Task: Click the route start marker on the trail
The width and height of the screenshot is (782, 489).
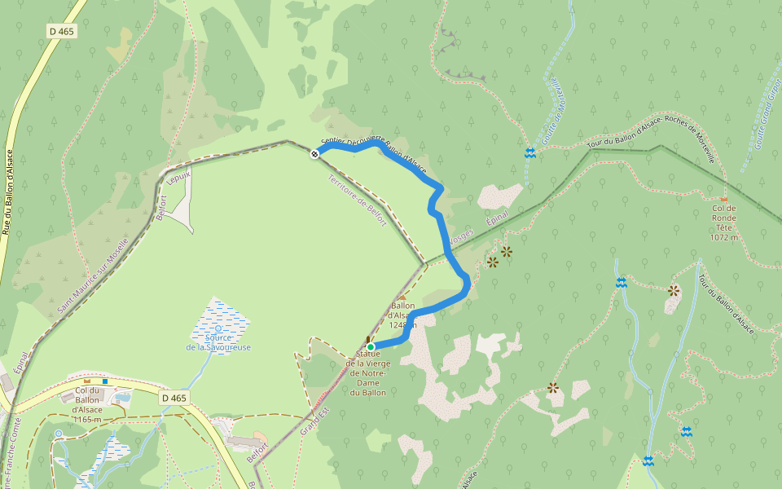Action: [x=314, y=153]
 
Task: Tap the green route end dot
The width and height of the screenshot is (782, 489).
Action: [x=371, y=346]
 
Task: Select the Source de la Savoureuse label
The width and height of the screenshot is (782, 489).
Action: [x=218, y=342]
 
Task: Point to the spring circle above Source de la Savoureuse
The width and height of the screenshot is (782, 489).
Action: [x=218, y=328]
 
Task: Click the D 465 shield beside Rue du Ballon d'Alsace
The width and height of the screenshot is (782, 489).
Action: [x=60, y=31]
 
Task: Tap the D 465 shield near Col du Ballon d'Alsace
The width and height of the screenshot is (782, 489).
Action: [x=174, y=398]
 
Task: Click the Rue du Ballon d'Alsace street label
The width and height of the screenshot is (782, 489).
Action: [x=8, y=192]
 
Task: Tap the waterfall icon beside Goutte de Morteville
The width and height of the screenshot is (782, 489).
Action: [x=530, y=152]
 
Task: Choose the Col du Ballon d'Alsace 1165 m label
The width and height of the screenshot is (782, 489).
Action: [x=86, y=403]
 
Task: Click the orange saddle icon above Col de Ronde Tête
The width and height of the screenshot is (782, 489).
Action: [x=724, y=199]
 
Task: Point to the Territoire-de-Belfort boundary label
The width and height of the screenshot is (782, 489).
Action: [x=356, y=200]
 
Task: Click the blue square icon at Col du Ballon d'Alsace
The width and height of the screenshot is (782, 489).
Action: [x=105, y=381]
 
